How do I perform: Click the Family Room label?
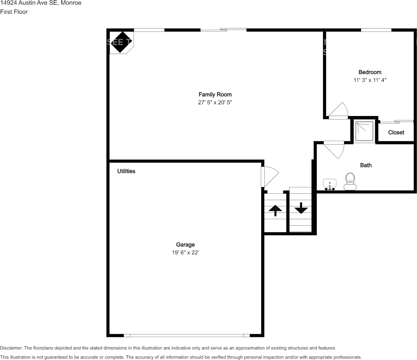pos(215,94)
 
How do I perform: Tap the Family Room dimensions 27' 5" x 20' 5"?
pos(215,102)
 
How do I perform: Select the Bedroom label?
pos(370,72)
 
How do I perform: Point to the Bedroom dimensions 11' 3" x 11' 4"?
pos(370,80)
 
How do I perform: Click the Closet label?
pos(396,132)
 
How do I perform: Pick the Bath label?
pos(366,165)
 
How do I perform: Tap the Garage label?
pos(185,245)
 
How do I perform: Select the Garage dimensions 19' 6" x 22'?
pos(185,253)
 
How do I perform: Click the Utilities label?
pos(126,171)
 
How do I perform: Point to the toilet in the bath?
pos(350,181)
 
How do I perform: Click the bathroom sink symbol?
pos(330,184)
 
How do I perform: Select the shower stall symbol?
pos(364,131)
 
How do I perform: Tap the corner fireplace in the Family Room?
pos(120,42)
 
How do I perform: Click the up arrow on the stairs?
pos(275,210)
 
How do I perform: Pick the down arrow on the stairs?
pos(301,208)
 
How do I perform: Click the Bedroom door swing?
pos(338,112)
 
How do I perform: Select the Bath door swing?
pos(334,149)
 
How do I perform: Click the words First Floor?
pos(14,12)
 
